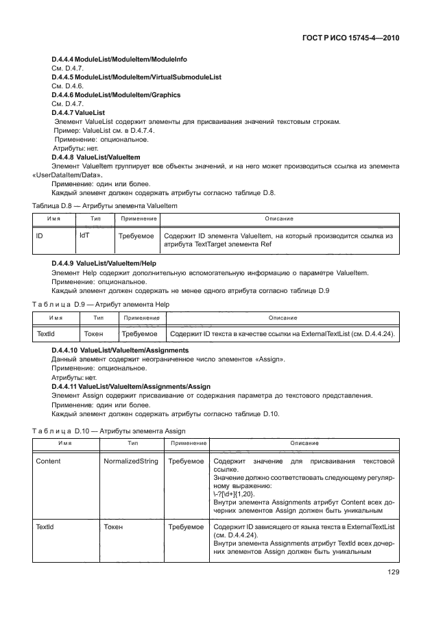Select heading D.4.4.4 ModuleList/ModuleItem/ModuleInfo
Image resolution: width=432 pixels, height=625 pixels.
click(x=119, y=60)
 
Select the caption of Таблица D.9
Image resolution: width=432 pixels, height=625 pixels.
click(x=100, y=304)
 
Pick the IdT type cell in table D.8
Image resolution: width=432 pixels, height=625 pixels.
click(x=86, y=235)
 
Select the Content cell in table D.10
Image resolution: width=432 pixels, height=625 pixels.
click(x=48, y=461)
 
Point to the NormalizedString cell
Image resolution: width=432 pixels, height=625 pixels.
click(x=130, y=461)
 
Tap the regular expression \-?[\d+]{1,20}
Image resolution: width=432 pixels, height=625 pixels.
click(x=233, y=494)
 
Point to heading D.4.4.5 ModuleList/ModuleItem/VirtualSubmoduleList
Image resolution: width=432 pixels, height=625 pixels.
click(x=136, y=78)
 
